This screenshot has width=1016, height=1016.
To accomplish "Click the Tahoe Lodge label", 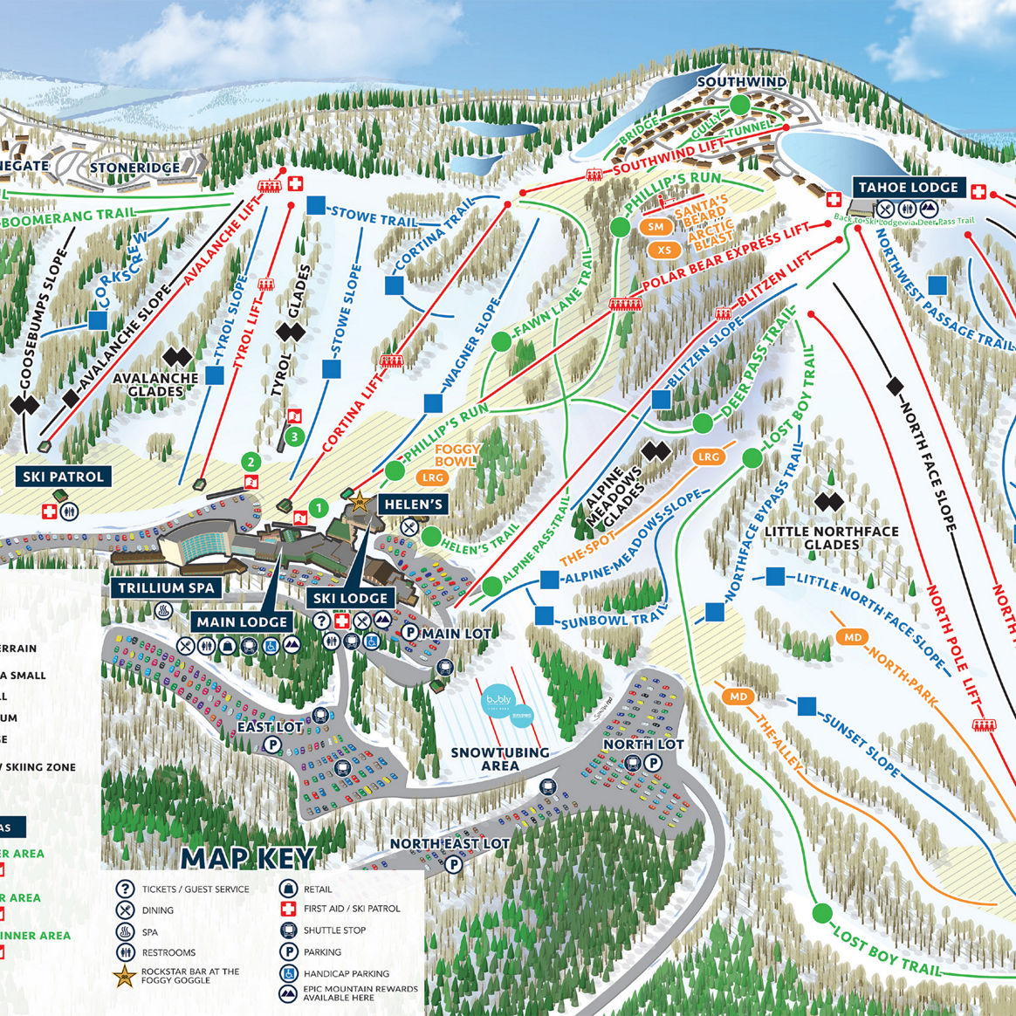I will pos(908,188).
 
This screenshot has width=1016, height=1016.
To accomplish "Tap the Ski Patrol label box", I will pos(64,477).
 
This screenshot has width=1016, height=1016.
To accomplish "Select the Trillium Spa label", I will pos(166,588).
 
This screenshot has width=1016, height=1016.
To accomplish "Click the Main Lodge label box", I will pos(242,621).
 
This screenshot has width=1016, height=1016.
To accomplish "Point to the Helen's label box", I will pos(414,504).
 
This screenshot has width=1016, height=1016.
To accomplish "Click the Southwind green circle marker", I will pos(740,104).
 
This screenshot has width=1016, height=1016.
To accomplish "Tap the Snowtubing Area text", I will pos(500,759).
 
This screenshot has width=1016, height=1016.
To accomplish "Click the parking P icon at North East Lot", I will pos(454,864).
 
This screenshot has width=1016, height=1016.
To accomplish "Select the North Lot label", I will pos(643,744).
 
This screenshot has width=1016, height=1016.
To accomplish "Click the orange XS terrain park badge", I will pos(665,251).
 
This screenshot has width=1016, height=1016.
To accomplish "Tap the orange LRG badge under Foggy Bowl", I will pos(433,477).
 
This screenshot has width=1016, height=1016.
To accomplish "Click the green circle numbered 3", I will pos(295,436).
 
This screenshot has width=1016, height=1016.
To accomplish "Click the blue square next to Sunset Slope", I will pos(807,704).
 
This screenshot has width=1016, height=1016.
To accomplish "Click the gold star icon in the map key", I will pos(126,976).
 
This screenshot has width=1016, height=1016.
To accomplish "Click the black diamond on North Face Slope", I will pos(895,385).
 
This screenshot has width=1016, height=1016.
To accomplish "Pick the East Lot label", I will pos(271,726).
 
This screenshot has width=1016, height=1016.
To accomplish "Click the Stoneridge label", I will pos(135,167).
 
